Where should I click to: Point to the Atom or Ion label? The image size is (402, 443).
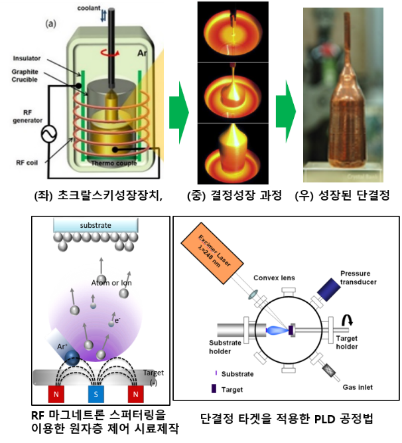[111, 282]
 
